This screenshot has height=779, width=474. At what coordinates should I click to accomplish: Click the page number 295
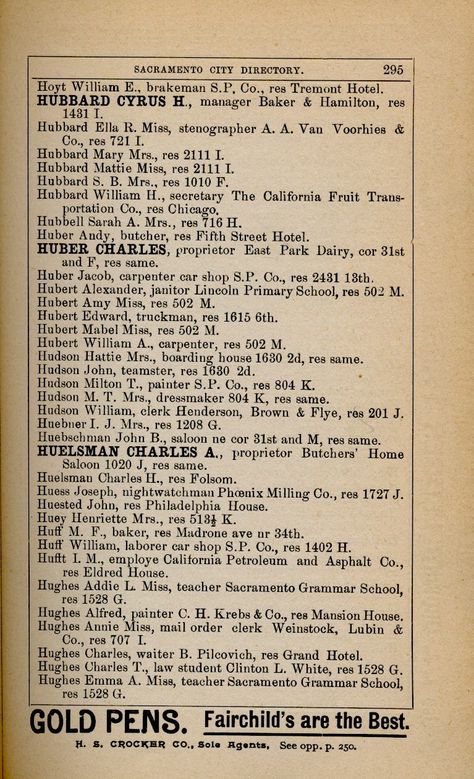point(392,70)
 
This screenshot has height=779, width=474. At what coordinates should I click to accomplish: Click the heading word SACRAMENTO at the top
point(167,70)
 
